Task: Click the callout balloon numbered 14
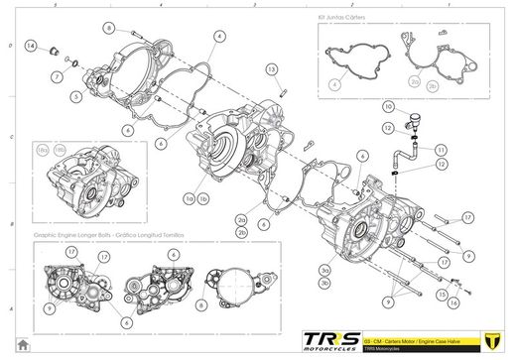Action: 31,47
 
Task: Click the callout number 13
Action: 270,68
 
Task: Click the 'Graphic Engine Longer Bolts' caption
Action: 94,237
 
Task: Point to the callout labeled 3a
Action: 324,269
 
